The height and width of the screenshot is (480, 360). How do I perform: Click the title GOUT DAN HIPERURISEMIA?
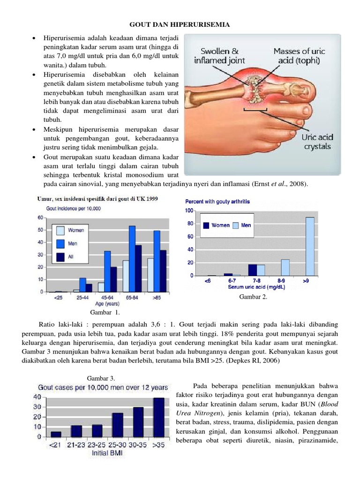pyautogui.click(x=180, y=24)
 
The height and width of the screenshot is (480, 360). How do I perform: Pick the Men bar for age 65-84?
pyautogui.click(x=132, y=259)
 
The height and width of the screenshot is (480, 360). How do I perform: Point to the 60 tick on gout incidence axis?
pyautogui.click(x=40, y=217)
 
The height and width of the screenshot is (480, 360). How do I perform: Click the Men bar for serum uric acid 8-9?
pyautogui.click(x=285, y=267)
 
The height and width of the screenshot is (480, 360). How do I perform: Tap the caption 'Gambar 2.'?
pyautogui.click(x=253, y=296)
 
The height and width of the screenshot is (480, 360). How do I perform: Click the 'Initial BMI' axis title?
pyautogui.click(x=108, y=453)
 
